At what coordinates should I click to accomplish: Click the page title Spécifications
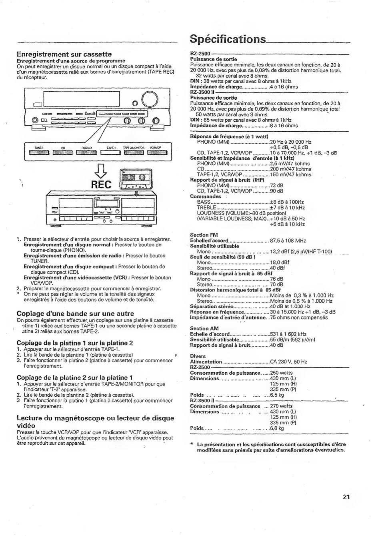228,39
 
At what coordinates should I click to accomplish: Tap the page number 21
346,497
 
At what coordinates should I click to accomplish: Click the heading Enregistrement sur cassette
64,54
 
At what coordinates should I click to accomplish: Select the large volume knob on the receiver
150,100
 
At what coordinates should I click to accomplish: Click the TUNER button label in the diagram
39,148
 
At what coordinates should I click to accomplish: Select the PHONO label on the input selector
86,148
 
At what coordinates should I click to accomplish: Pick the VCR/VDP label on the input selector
155,148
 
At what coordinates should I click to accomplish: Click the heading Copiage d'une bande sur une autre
75,313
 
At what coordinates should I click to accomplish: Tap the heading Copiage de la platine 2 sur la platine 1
75,377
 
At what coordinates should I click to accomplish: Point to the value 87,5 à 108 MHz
288,241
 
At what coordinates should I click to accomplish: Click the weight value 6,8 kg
277,428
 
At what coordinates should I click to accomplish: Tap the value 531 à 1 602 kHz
288,334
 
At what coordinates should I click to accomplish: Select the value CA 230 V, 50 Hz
288,361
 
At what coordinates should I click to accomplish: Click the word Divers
198,356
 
